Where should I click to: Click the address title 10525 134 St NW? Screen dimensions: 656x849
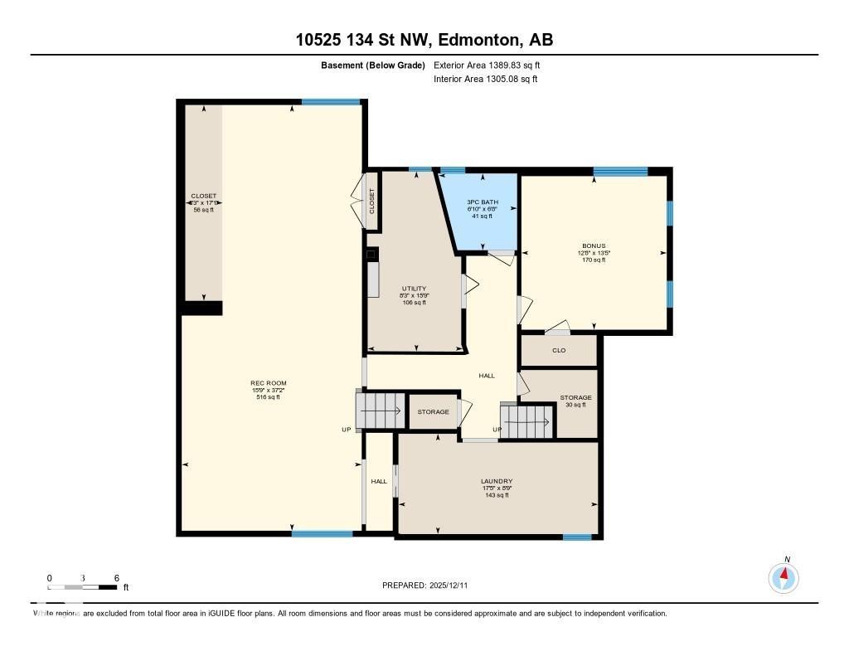pos(424,40)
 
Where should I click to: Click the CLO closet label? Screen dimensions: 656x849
pos(559,351)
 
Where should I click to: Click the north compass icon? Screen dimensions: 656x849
pos(784,576)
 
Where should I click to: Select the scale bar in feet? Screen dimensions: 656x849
pos(83,586)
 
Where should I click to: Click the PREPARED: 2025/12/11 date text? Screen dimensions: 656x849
pos(430,585)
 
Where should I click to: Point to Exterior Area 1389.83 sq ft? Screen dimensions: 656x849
pos(488,65)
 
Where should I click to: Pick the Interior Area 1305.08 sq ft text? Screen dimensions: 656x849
pos(486,79)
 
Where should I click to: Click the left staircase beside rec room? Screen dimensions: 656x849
pos(381,411)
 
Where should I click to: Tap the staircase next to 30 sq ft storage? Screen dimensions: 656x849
pos(527,421)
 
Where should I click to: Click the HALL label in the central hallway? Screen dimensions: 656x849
pos(487,376)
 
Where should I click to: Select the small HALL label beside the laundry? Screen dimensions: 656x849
pos(379,481)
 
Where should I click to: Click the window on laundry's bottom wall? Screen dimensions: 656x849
pos(577,537)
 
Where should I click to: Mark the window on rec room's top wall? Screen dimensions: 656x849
pos(331,102)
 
